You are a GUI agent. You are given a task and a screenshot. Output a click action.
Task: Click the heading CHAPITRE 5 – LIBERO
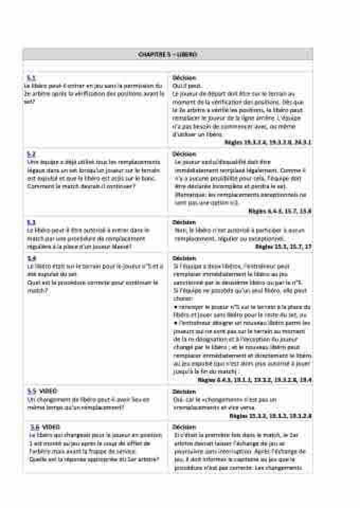pyautogui.click(x=167, y=55)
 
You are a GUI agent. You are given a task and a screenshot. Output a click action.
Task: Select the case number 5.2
pyautogui.click(x=31, y=154)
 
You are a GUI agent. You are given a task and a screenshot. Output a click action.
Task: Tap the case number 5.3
pyautogui.click(x=31, y=222)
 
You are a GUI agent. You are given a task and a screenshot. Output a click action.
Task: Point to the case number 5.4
pyautogui.click(x=31, y=258)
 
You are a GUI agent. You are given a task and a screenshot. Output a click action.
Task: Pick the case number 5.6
pyautogui.click(x=35, y=427)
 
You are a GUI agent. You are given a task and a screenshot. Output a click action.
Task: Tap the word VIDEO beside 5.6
pyautogui.click(x=51, y=427)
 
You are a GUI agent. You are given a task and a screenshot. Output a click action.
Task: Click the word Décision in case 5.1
pyautogui.click(x=184, y=78)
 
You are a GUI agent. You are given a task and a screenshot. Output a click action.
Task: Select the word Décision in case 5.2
pyautogui.click(x=184, y=154)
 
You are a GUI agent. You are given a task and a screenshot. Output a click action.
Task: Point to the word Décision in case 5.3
pyautogui.click(x=184, y=222)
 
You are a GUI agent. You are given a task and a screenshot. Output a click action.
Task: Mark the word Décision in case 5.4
pyautogui.click(x=184, y=258)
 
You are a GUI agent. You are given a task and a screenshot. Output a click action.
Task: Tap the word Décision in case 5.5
pyautogui.click(x=184, y=392)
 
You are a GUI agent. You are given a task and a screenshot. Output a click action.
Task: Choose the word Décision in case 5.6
pyautogui.click(x=184, y=427)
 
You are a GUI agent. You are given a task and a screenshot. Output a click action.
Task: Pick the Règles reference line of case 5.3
pyautogui.click(x=283, y=247)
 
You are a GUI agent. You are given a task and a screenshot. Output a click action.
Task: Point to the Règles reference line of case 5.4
pyautogui.click(x=254, y=380)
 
